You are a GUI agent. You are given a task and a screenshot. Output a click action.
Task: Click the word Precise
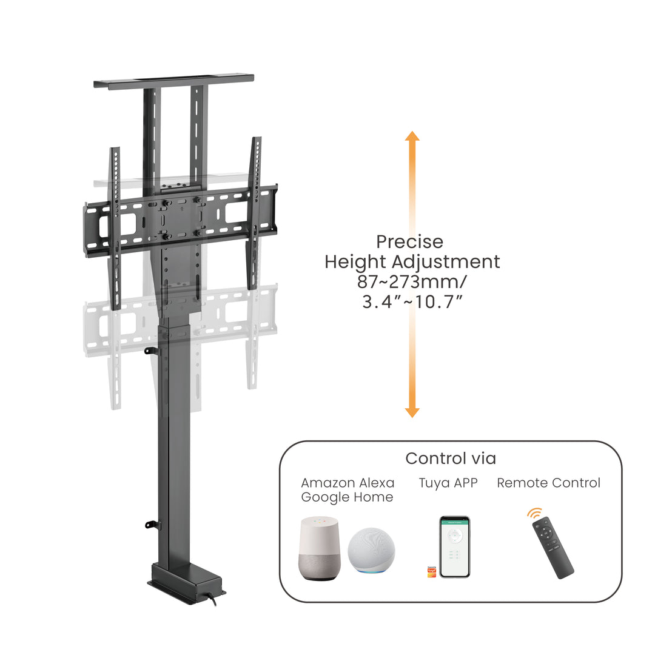[409, 242]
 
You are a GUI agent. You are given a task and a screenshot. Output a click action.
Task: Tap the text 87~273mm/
[412, 282]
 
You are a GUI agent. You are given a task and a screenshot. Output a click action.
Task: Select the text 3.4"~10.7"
[412, 301]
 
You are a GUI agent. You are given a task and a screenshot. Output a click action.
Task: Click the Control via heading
[451, 458]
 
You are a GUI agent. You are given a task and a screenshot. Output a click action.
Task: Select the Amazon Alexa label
[348, 483]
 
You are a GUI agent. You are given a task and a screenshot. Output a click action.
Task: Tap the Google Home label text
[348, 497]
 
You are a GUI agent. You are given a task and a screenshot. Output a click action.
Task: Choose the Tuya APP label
[448, 483]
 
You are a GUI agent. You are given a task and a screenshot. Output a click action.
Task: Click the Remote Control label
[548, 483]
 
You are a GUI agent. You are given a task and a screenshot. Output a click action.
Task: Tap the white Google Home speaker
[320, 547]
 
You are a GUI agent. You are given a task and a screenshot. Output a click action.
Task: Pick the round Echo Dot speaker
[371, 551]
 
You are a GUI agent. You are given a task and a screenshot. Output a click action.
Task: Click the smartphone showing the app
[454, 546]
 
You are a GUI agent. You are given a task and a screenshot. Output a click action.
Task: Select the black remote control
[552, 548]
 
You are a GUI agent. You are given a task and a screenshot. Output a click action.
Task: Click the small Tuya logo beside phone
[432, 571]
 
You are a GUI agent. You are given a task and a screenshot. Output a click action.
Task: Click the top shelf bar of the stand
[173, 83]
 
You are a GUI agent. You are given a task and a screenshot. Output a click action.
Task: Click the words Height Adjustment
[412, 262]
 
